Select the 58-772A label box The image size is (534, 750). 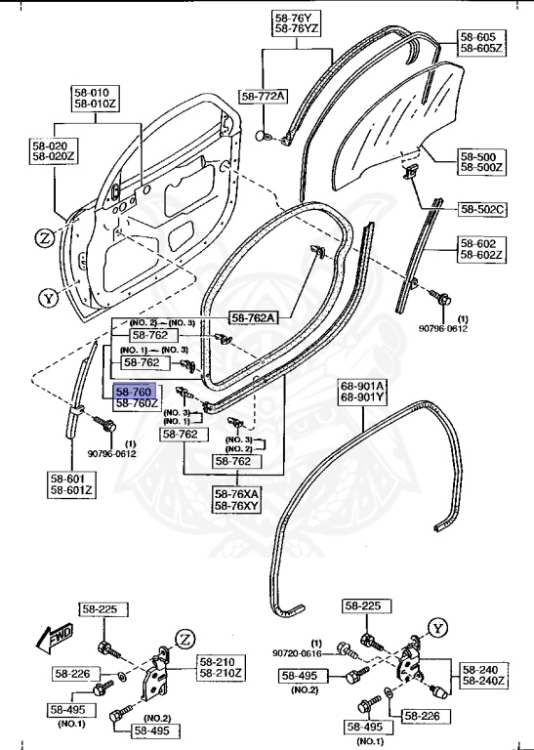[264, 96]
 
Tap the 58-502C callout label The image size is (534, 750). [482, 208]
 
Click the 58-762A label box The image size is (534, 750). [253, 317]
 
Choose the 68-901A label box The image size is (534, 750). [362, 391]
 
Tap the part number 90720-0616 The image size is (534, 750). [301, 653]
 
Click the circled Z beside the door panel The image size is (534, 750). [45, 237]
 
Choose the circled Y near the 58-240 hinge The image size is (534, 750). [438, 628]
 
